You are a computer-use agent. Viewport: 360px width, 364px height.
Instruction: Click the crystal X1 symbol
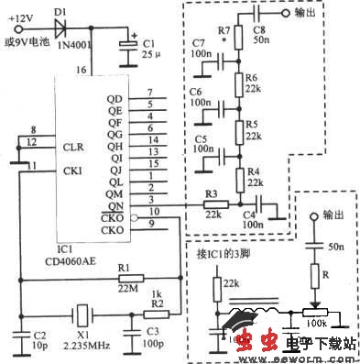80,312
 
